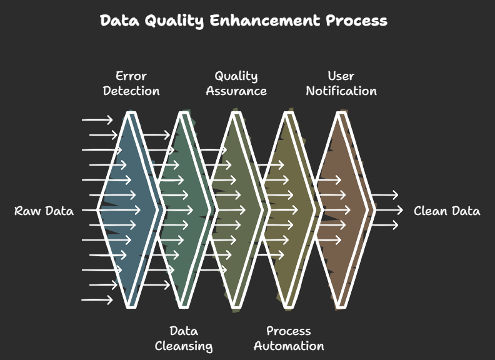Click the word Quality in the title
pos(174,21)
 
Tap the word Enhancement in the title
pos(264,20)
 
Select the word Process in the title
pos(356,20)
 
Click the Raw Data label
pos(44,211)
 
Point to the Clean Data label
pos(447,211)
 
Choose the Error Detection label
pos(131,83)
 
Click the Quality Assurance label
pos(236,83)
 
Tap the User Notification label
pos(341,83)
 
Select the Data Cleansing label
pos(183,339)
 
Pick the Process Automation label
pos(289,339)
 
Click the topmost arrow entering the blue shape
pos(97,119)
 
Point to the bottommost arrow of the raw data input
pos(97,299)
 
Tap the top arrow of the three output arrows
pos(385,195)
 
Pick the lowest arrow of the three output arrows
pos(385,225)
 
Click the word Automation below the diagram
pos(289,346)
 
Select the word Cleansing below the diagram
pos(183,346)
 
